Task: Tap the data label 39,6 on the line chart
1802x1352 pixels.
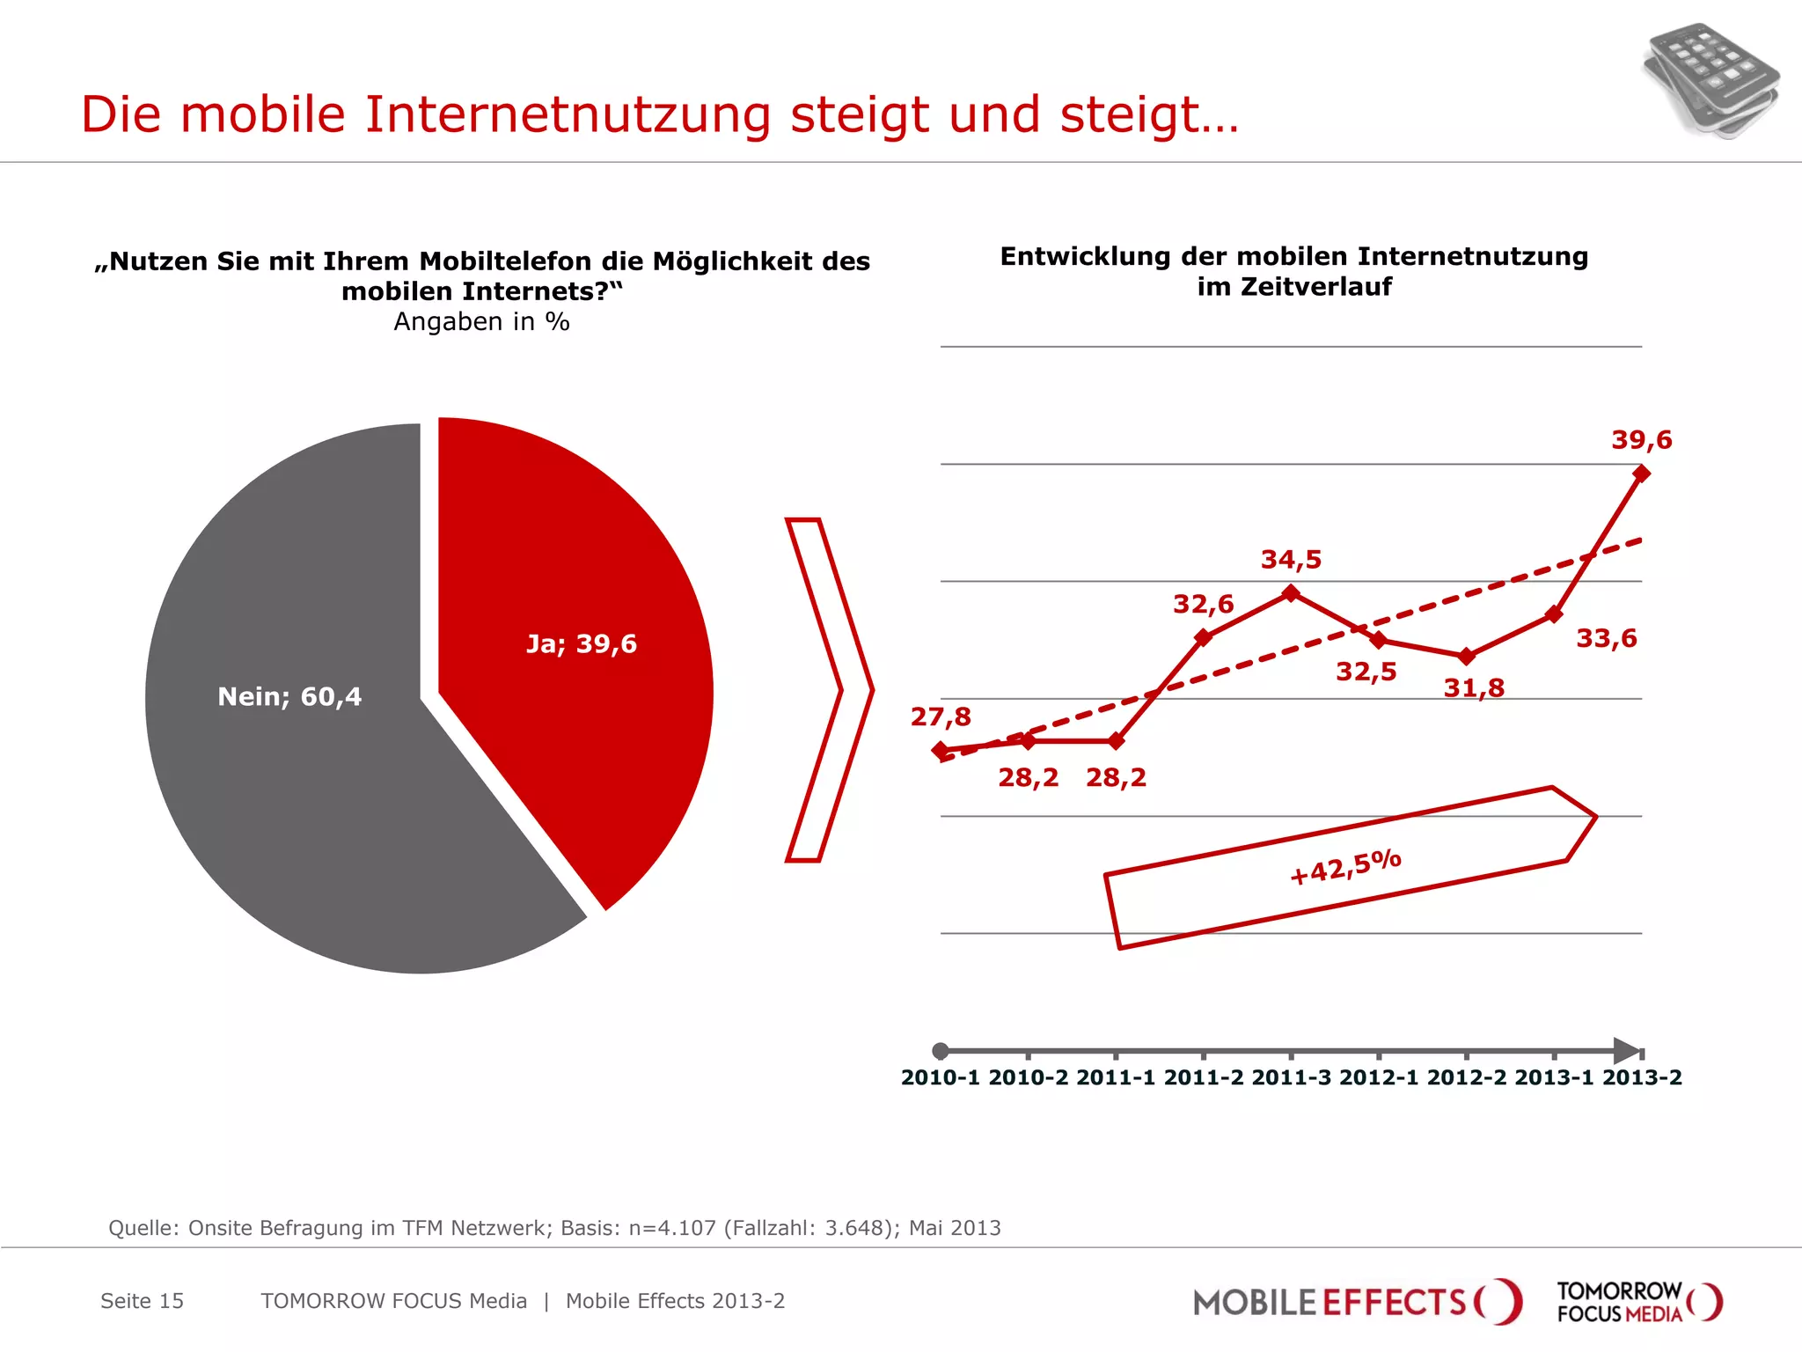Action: click(x=1641, y=439)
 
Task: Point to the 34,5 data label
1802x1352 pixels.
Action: click(x=1291, y=559)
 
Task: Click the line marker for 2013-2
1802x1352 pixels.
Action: click(x=1641, y=474)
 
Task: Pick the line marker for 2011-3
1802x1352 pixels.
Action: click(x=1291, y=593)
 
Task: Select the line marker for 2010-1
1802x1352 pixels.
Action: click(x=941, y=750)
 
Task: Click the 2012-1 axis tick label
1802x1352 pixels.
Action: click(x=1378, y=1077)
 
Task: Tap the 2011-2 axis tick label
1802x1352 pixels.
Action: click(x=1203, y=1077)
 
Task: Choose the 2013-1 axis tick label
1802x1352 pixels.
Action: click(x=1553, y=1077)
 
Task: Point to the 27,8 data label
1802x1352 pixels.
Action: click(x=941, y=716)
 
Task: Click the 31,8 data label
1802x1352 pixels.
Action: click(x=1474, y=687)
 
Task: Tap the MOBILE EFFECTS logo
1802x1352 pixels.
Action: click(x=1356, y=1301)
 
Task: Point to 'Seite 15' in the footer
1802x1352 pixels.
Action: click(x=142, y=1301)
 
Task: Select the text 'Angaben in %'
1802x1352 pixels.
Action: click(x=481, y=321)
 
